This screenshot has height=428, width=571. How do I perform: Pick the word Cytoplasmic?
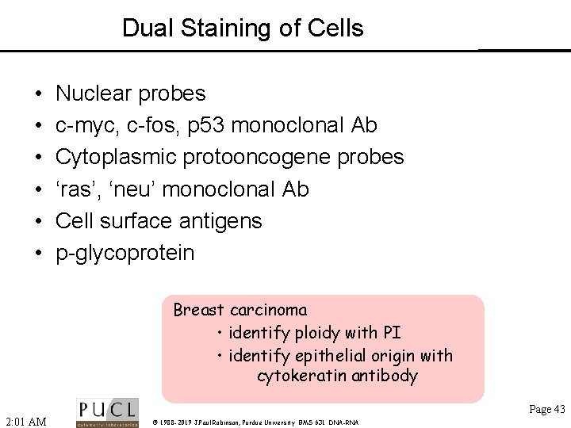[116, 158]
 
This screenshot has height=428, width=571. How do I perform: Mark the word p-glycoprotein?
[125, 254]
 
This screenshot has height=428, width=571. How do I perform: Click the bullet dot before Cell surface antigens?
[39, 222]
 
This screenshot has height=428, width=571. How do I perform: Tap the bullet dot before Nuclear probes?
[39, 94]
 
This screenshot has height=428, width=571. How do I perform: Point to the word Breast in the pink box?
[198, 310]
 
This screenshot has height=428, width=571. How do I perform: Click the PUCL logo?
[106, 412]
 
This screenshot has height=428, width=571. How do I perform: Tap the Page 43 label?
[547, 409]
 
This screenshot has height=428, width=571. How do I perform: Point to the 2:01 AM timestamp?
[25, 421]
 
